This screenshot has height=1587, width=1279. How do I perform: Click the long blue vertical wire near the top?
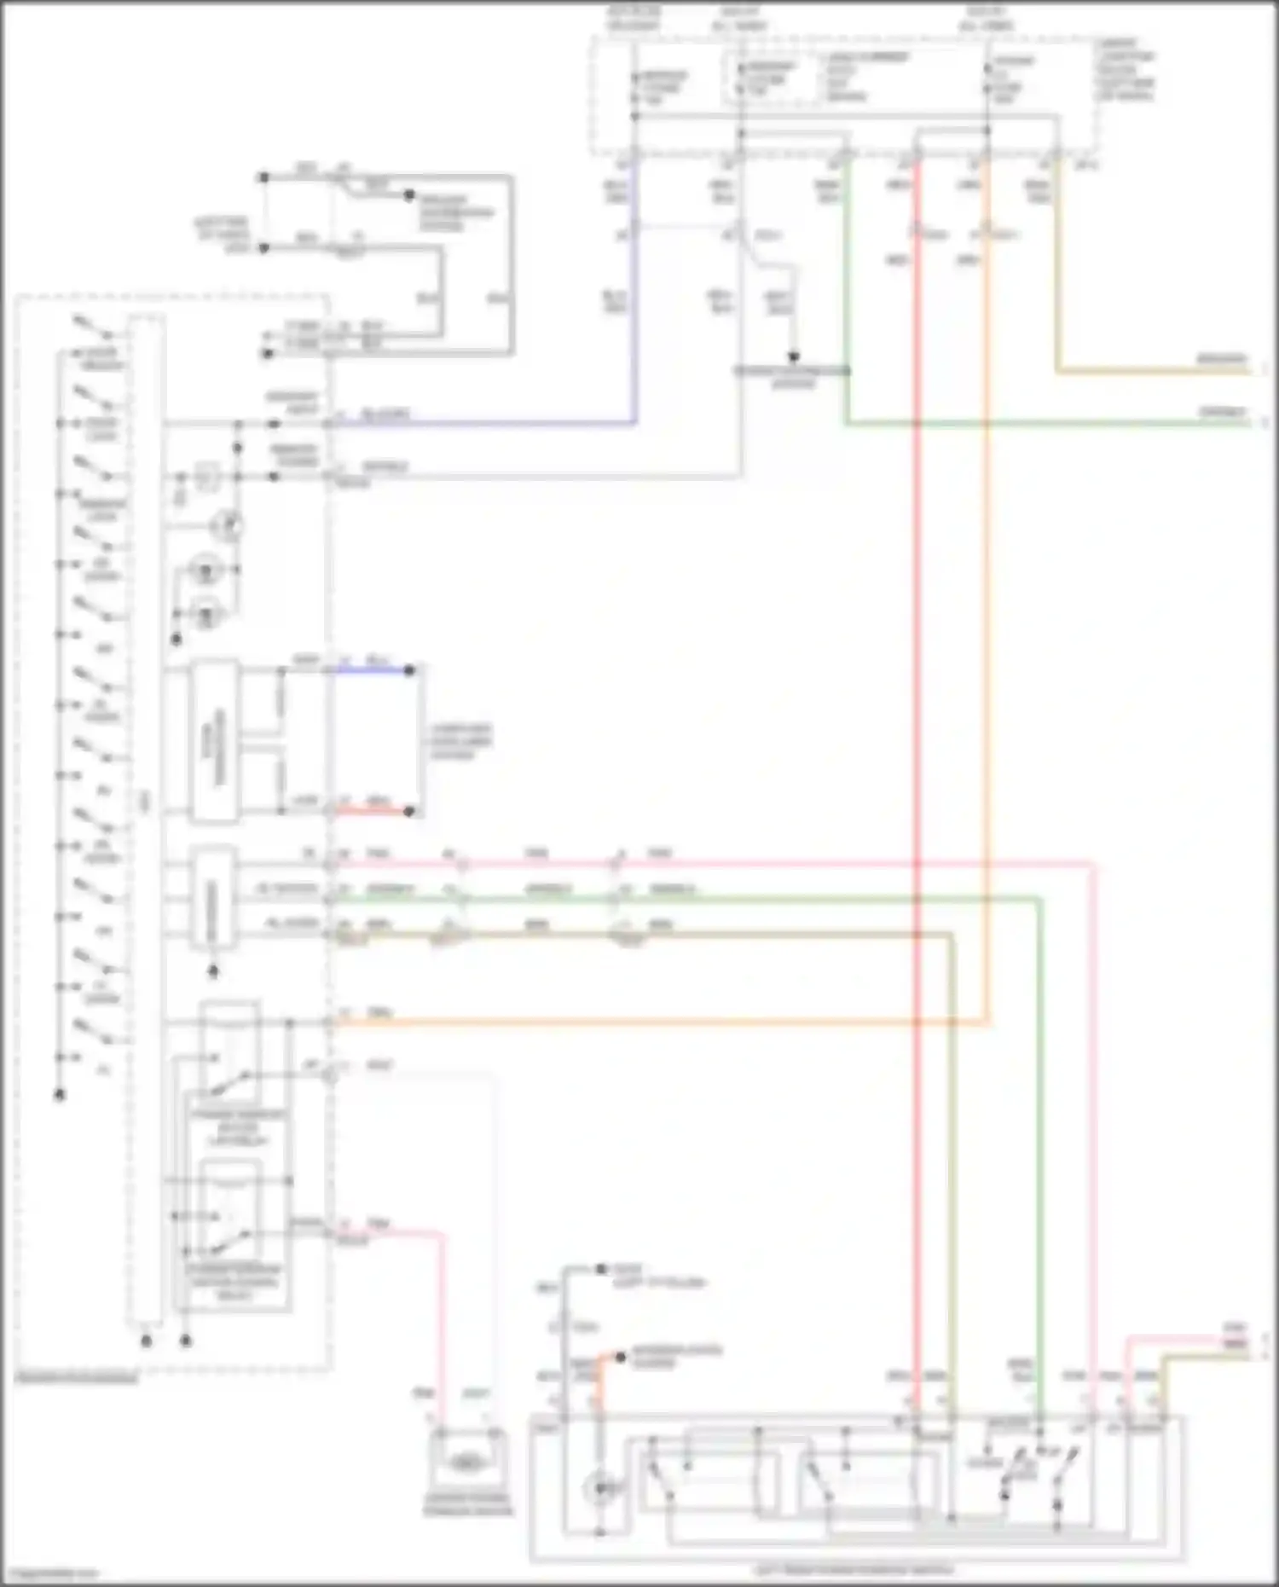coord(634,324)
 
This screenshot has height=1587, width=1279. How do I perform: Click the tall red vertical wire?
coord(917,767)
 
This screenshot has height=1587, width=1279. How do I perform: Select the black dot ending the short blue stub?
coord(409,670)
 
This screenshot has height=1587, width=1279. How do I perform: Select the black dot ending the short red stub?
coord(409,811)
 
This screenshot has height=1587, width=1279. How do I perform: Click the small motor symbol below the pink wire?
coord(466,1463)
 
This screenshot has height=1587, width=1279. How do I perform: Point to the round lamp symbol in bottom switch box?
coord(599,1488)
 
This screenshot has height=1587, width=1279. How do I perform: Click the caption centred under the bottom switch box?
coord(853,1569)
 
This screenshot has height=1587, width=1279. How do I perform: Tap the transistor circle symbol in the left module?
coord(229,525)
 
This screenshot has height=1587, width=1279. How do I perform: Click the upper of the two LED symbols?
coord(205,568)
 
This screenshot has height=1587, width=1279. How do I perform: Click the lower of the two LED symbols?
coord(205,611)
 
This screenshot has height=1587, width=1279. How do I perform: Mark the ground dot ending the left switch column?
coord(60,1095)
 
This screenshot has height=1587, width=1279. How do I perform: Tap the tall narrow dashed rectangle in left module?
coord(145,819)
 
